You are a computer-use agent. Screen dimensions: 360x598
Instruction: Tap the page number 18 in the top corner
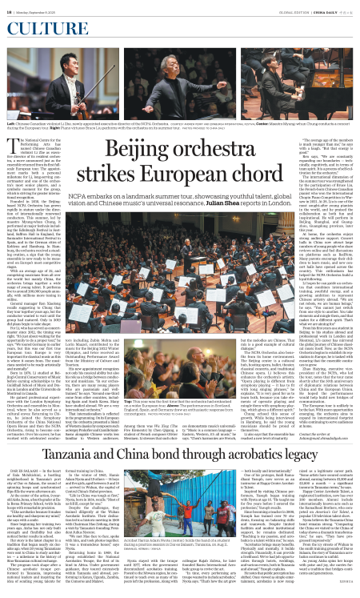[10, 10]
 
